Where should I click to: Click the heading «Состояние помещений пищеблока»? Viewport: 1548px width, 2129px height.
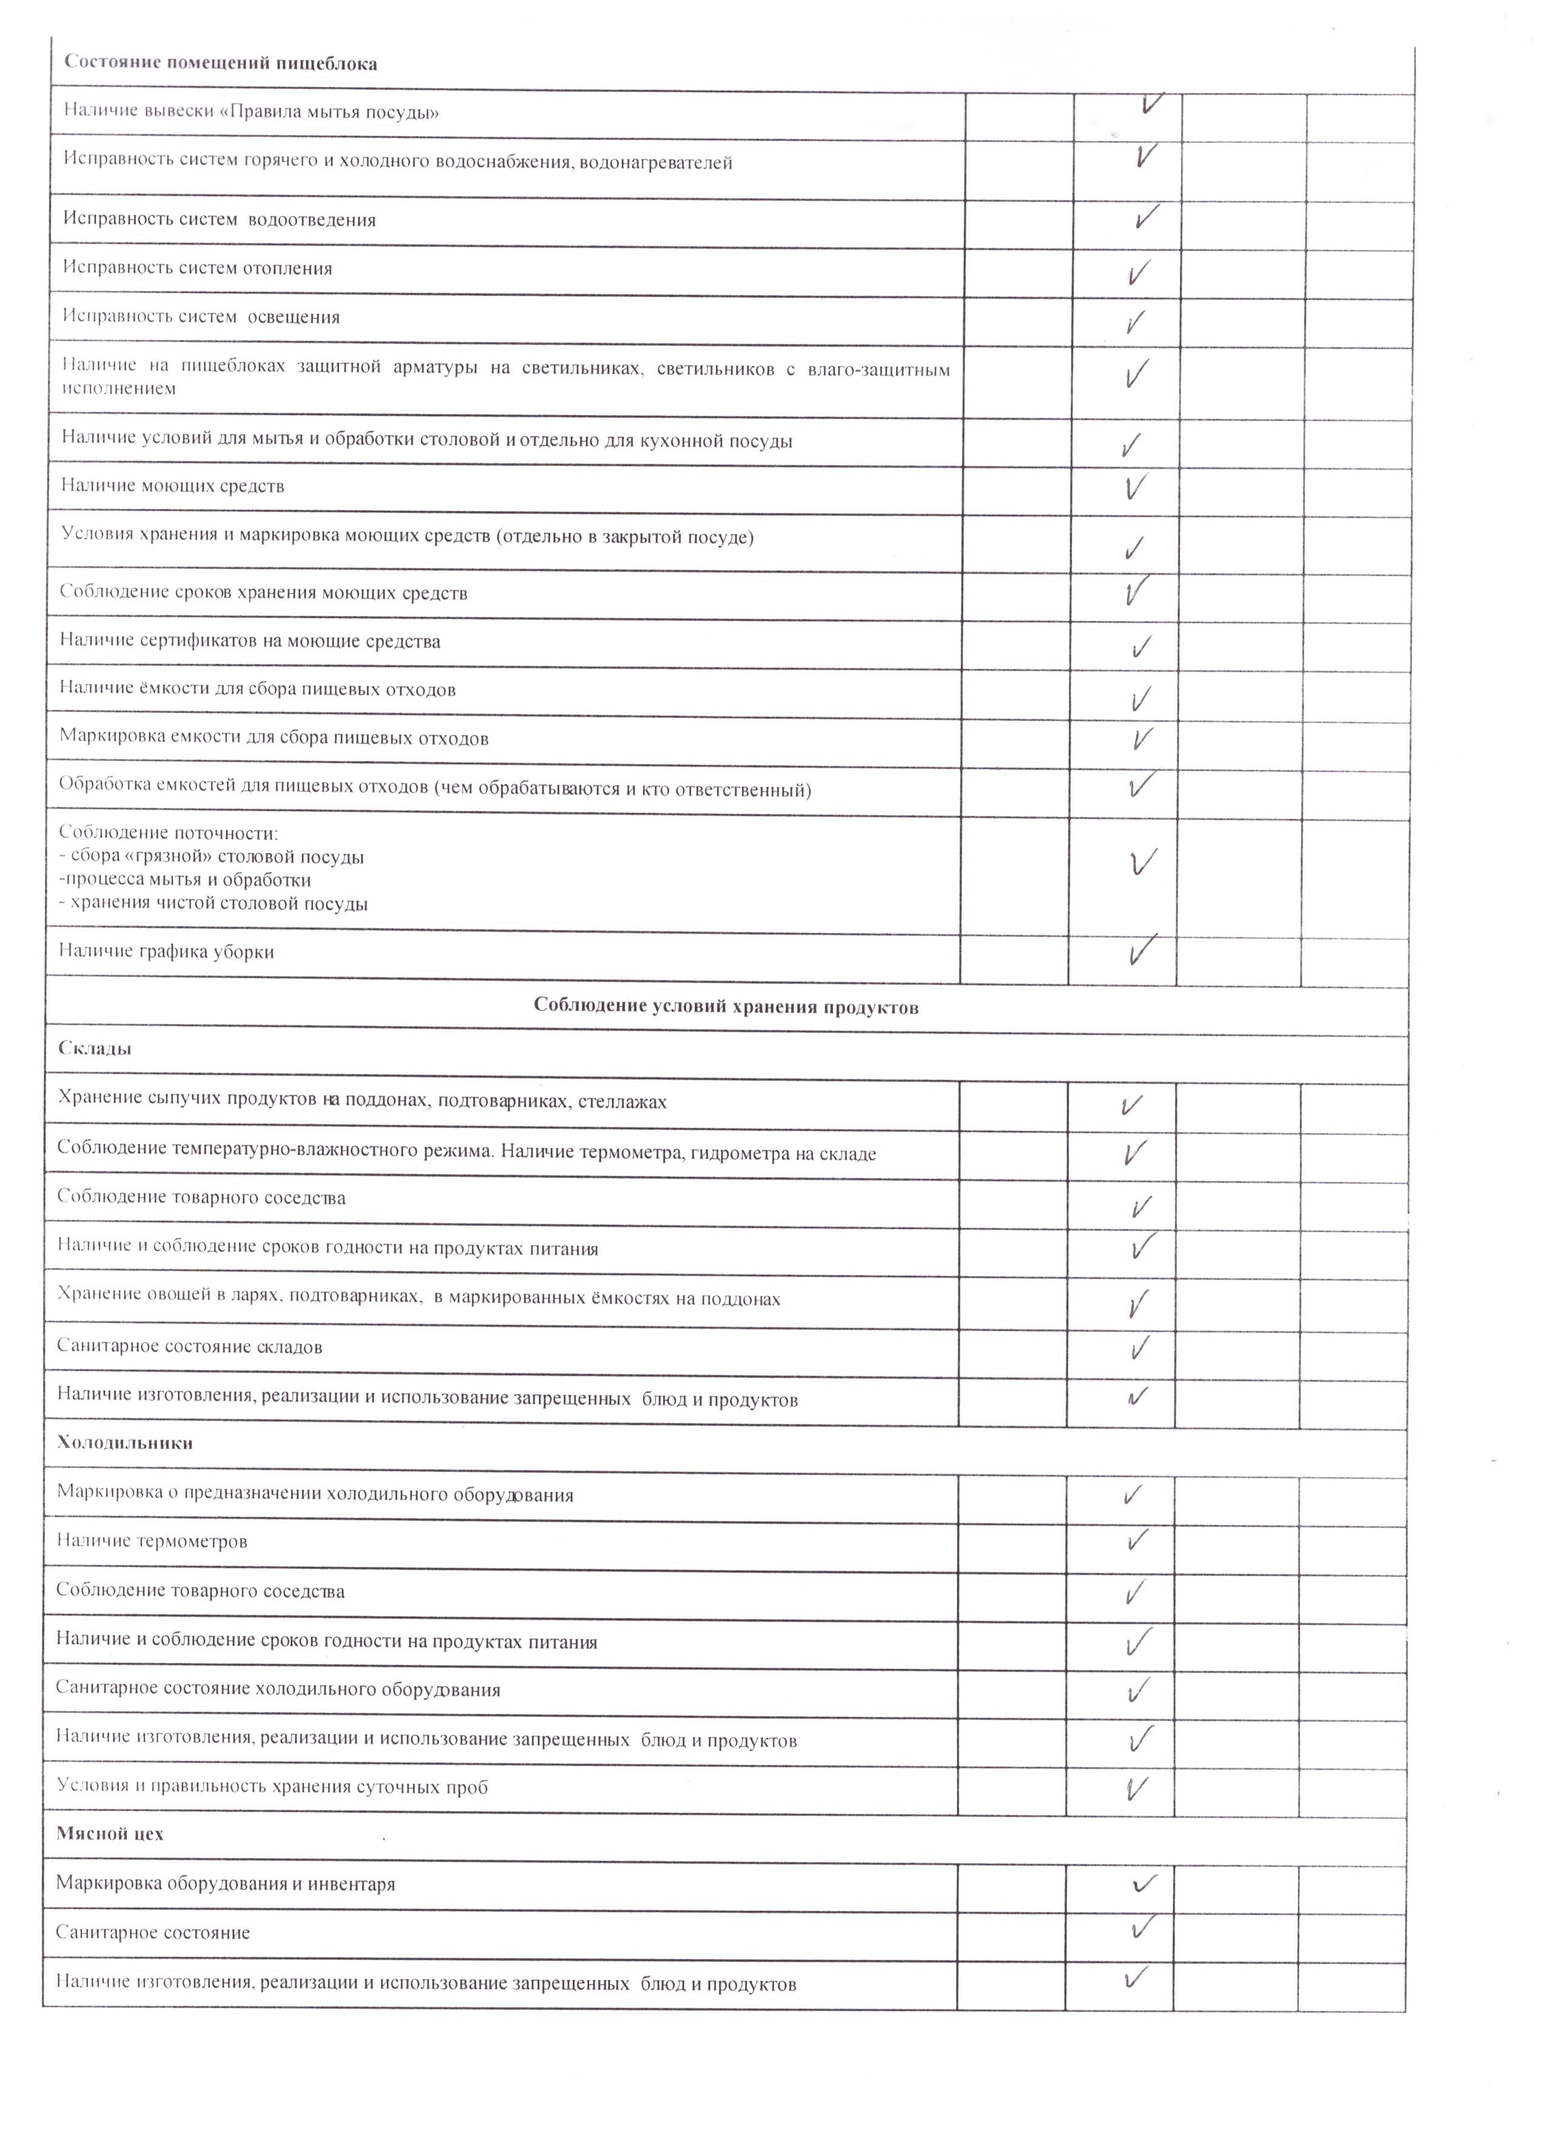221,64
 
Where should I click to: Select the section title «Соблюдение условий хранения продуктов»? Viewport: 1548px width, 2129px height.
725,1007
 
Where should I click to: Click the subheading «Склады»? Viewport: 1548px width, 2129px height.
94,1049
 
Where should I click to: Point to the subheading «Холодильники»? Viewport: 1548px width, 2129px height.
125,1443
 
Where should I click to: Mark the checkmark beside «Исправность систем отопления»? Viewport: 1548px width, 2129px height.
1138,273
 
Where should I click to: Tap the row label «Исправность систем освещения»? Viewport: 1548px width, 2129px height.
201,317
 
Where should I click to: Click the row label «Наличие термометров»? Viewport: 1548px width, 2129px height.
152,1541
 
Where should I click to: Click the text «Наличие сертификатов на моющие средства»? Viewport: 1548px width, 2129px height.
250,641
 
